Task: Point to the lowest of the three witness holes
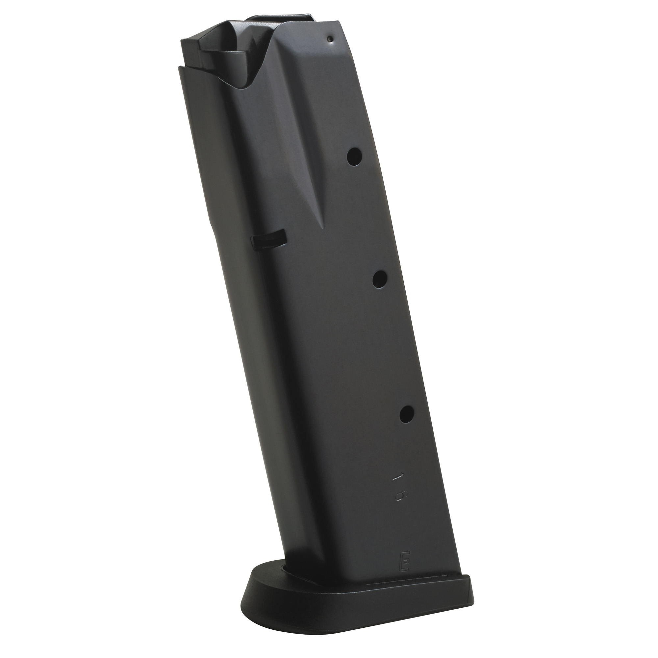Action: coord(407,414)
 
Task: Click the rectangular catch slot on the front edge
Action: coord(268,241)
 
